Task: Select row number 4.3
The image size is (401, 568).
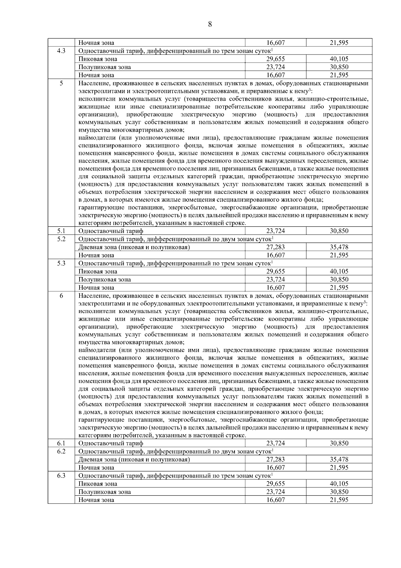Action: click(61, 51)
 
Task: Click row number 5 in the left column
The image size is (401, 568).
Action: click(61, 83)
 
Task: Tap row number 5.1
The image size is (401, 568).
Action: click(61, 231)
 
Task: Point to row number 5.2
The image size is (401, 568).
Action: click(61, 239)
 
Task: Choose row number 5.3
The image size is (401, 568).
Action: click(61, 263)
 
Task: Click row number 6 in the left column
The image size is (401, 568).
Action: click(61, 296)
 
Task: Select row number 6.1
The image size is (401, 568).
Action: click(61, 443)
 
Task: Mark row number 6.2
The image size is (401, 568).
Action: click(61, 451)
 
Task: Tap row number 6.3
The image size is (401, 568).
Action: click(61, 475)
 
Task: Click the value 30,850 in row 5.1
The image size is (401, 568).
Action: click(339, 231)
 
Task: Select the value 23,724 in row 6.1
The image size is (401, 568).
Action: click(275, 443)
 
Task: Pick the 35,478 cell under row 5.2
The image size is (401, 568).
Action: click(339, 247)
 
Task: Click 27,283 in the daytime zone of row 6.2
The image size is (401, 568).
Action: click(275, 459)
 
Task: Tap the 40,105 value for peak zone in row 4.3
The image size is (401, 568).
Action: click(339, 59)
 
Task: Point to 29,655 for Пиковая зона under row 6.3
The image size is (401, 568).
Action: click(275, 484)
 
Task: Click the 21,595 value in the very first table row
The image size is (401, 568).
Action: click(339, 43)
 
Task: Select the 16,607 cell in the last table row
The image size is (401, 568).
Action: click(275, 500)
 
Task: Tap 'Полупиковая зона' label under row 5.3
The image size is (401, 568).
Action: click(105, 279)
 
